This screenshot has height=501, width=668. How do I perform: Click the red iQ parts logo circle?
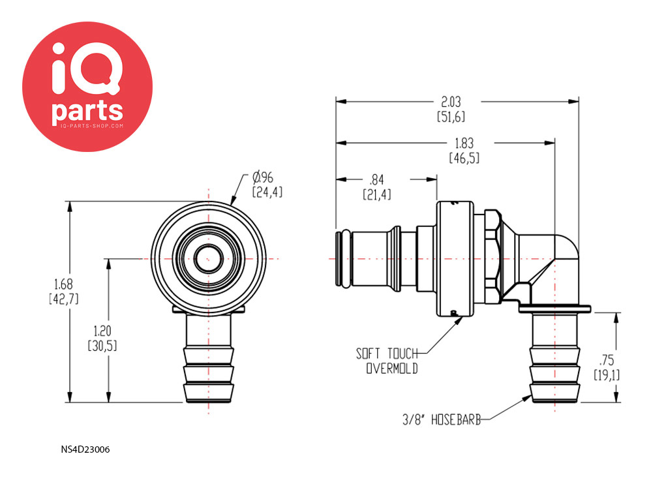pyautogui.click(x=87, y=87)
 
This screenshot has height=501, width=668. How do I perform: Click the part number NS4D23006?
pyautogui.click(x=85, y=449)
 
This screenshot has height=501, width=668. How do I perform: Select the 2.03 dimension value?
pyautogui.click(x=451, y=102)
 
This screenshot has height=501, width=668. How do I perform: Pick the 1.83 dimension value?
pyautogui.click(x=464, y=143)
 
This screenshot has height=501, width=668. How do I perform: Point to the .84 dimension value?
pyautogui.click(x=377, y=179)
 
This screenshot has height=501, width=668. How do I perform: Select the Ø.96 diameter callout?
pyautogui.click(x=262, y=177)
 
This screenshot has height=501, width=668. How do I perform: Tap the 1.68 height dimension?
pyautogui.click(x=63, y=284)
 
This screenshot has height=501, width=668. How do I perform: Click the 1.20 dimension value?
pyautogui.click(x=102, y=331)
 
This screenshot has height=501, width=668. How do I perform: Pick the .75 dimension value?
pyautogui.click(x=607, y=360)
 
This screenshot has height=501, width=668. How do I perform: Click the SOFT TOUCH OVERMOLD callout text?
pyautogui.click(x=387, y=361)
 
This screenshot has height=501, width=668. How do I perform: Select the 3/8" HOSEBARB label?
pyautogui.click(x=442, y=420)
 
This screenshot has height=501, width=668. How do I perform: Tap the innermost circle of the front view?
pyautogui.click(x=208, y=258)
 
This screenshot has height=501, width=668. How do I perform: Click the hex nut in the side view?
pyautogui.click(x=493, y=256)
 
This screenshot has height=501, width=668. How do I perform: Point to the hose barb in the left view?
pyautogui.click(x=209, y=359)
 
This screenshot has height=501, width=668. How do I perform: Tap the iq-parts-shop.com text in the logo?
pyautogui.click(x=92, y=126)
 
